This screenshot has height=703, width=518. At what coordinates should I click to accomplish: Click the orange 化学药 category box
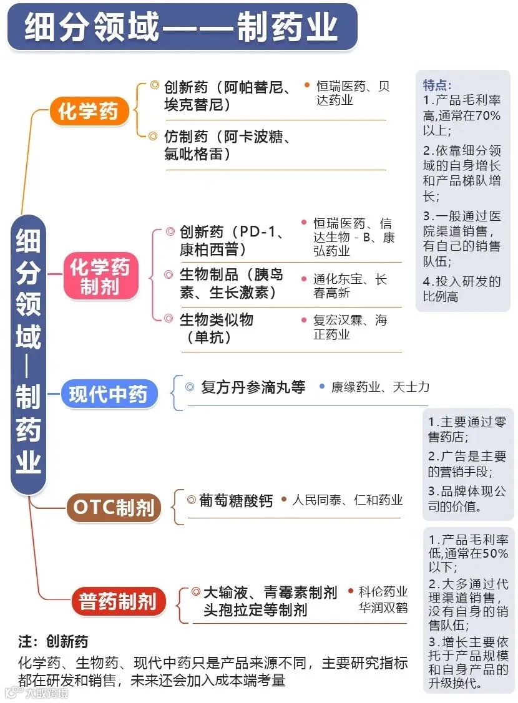pyautogui.click(x=88, y=112)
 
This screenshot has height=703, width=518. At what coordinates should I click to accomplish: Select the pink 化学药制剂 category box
pyautogui.click(x=100, y=278)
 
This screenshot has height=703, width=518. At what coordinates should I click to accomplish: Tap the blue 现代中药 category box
pyautogui.click(x=109, y=395)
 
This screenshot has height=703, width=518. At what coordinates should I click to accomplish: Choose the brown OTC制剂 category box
pyautogui.click(x=114, y=507)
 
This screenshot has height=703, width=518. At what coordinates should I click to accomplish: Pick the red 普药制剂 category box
pyautogui.click(x=117, y=601)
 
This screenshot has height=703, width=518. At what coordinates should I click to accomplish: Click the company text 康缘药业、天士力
pyautogui.click(x=380, y=387)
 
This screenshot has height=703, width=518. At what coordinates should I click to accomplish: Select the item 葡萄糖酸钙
pyautogui.click(x=236, y=501)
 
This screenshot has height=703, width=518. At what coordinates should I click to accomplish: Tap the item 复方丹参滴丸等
pyautogui.click(x=253, y=387)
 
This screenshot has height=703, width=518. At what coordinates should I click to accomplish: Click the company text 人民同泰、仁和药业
pyautogui.click(x=347, y=500)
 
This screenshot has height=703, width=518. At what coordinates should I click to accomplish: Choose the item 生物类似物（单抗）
pyautogui.click(x=216, y=328)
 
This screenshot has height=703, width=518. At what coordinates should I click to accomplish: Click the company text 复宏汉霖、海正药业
pyautogui.click(x=350, y=327)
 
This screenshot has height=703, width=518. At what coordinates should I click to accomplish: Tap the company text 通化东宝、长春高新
pyautogui.click(x=350, y=286)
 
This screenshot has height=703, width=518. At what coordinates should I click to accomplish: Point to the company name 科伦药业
pyautogui.click(x=383, y=591)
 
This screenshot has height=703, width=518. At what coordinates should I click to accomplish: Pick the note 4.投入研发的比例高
pyautogui.click(x=462, y=289)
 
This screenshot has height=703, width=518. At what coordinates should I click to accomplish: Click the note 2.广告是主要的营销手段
pyautogui.click(x=467, y=463)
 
